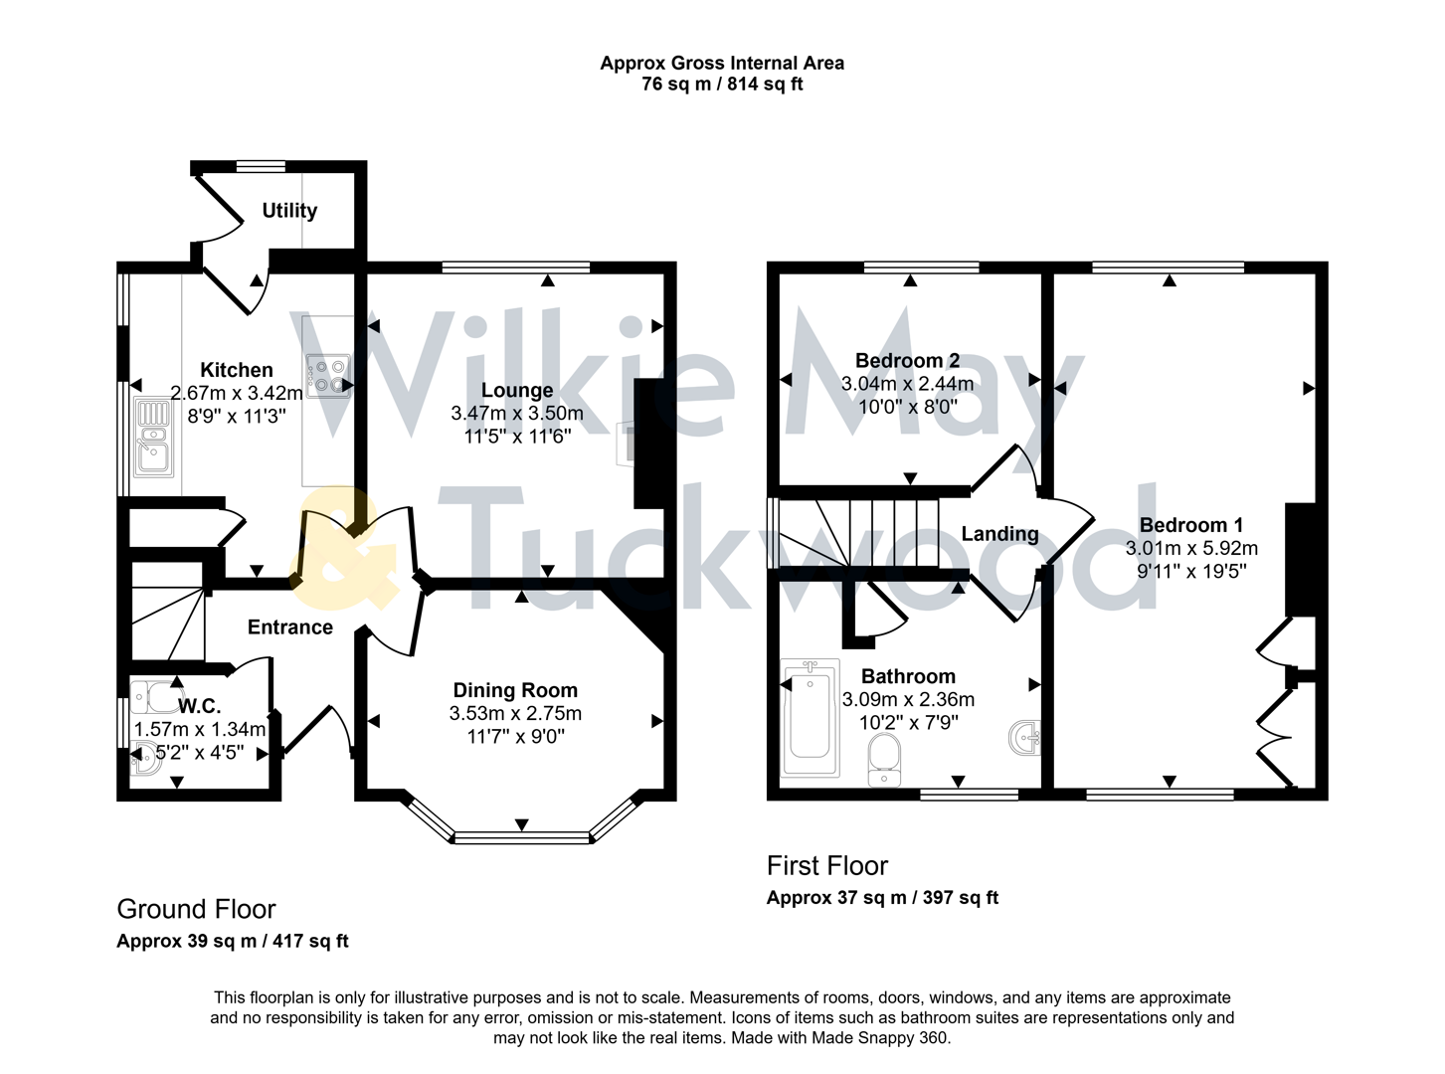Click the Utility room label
pyautogui.click(x=289, y=211)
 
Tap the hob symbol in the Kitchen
pyautogui.click(x=329, y=377)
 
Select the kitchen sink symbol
pyautogui.click(x=154, y=438)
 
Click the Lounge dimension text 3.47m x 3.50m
pyautogui.click(x=517, y=414)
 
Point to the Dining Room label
pyautogui.click(x=515, y=690)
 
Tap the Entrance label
pyautogui.click(x=290, y=627)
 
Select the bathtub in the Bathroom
pyautogui.click(x=811, y=717)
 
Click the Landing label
pyautogui.click(x=999, y=534)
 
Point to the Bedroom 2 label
pyautogui.click(x=907, y=361)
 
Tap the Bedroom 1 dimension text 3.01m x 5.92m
pyautogui.click(x=1191, y=549)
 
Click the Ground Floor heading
pyautogui.click(x=196, y=909)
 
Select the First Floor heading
pyautogui.click(x=826, y=866)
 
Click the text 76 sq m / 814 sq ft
pyautogui.click(x=722, y=85)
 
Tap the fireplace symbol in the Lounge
pyautogui.click(x=625, y=443)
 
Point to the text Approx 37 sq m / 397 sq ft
pyautogui.click(x=882, y=898)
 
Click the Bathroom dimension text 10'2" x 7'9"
pyautogui.click(x=908, y=723)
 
